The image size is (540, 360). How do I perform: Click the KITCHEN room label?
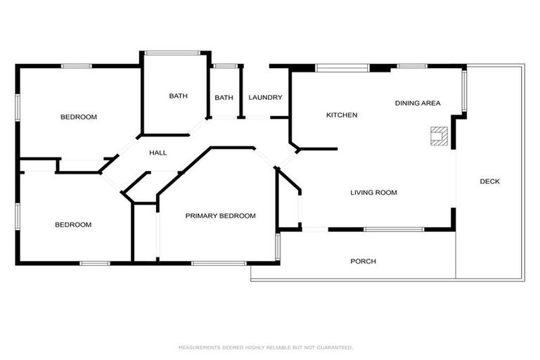coord(342,115)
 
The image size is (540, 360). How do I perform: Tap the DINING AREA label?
coord(417,103)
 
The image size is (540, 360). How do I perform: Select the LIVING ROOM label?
coord(373,192)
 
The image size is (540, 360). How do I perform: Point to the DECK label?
coord(489,181)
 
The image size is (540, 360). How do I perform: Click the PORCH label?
coord(363,262)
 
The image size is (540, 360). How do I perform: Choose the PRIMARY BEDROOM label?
coord(220,216)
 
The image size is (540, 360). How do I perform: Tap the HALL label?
coord(157,153)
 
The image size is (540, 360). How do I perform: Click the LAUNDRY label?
coord(265,98)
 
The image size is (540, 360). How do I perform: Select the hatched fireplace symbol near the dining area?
coord(439,135)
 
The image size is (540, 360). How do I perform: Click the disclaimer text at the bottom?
coord(265,347)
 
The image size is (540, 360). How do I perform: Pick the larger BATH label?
coord(177,96)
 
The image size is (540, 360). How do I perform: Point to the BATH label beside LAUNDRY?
coord(224,98)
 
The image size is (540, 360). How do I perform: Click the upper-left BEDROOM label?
coord(78,117)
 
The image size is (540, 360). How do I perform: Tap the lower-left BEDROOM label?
coord(73,225)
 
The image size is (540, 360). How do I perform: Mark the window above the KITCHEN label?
coord(342,67)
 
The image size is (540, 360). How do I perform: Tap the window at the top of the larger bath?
coord(176,51)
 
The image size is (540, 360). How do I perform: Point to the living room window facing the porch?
coord(394,229)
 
